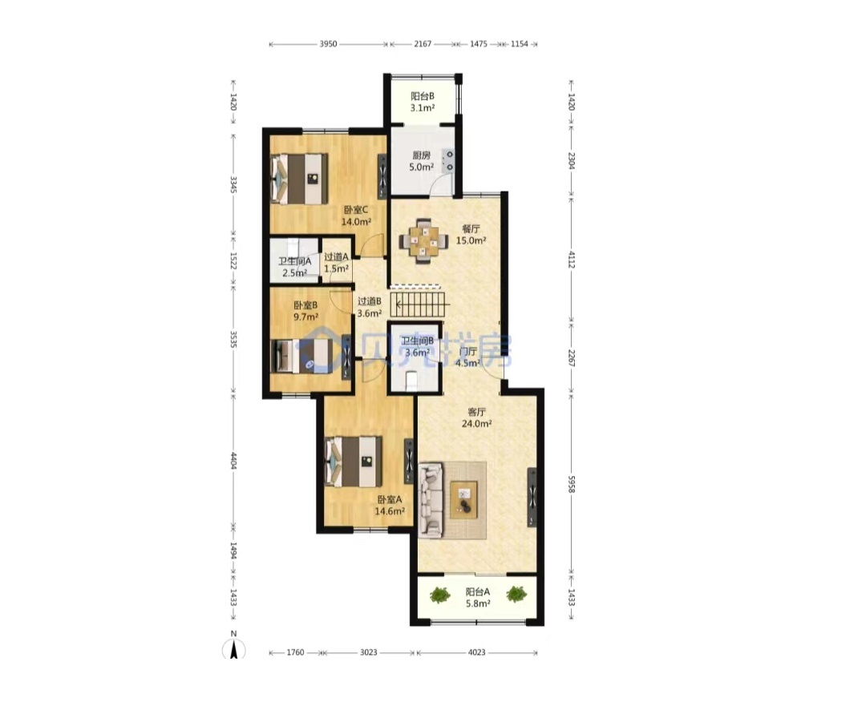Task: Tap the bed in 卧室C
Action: coord(299,178)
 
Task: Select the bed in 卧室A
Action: coord(354,462)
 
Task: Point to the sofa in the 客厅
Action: coord(431,501)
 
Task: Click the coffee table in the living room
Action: coord(464,500)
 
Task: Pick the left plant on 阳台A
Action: coord(439,595)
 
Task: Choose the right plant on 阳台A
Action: coord(516,595)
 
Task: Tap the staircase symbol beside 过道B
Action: coord(420,304)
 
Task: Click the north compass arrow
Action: coord(234,649)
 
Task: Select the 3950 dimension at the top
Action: coord(328,44)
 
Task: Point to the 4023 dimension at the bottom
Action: coord(476,652)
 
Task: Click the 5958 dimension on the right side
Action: coord(573,485)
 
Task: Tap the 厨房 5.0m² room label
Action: coord(422,161)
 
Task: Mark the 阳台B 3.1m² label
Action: coord(423,102)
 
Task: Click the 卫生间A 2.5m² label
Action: coord(295,267)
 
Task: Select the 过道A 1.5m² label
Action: coord(336,263)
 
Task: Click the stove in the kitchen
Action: coord(450,160)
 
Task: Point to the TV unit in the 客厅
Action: coord(532,498)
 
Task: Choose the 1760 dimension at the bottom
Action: coord(295,652)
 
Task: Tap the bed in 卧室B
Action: coord(302,357)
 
